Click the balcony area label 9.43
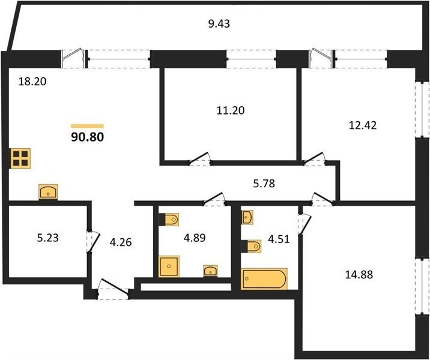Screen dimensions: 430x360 click(x=219, y=24)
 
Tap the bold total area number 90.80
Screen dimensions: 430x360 click(x=88, y=137)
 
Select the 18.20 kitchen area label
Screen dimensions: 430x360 click(x=32, y=82)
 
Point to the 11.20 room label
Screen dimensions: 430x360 click(x=231, y=110)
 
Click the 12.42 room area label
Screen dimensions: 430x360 click(x=363, y=125)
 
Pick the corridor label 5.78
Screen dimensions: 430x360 click(x=264, y=183)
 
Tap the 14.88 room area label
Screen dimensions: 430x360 click(x=359, y=274)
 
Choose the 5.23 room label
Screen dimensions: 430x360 click(x=47, y=238)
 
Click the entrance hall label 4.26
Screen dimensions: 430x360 click(x=121, y=242)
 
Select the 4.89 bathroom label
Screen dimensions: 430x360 click(x=195, y=238)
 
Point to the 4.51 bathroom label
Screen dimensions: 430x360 click(x=279, y=239)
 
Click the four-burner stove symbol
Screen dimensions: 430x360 click(x=20, y=158)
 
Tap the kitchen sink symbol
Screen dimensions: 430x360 click(x=48, y=191)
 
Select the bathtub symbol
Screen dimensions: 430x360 click(x=264, y=279)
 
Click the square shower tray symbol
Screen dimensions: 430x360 click(x=169, y=266)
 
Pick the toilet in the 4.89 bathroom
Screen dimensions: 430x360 click(x=169, y=219)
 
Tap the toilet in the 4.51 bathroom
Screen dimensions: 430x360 click(x=251, y=247)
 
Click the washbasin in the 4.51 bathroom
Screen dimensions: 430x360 click(x=247, y=217)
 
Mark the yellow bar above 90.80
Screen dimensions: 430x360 click(x=88, y=126)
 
